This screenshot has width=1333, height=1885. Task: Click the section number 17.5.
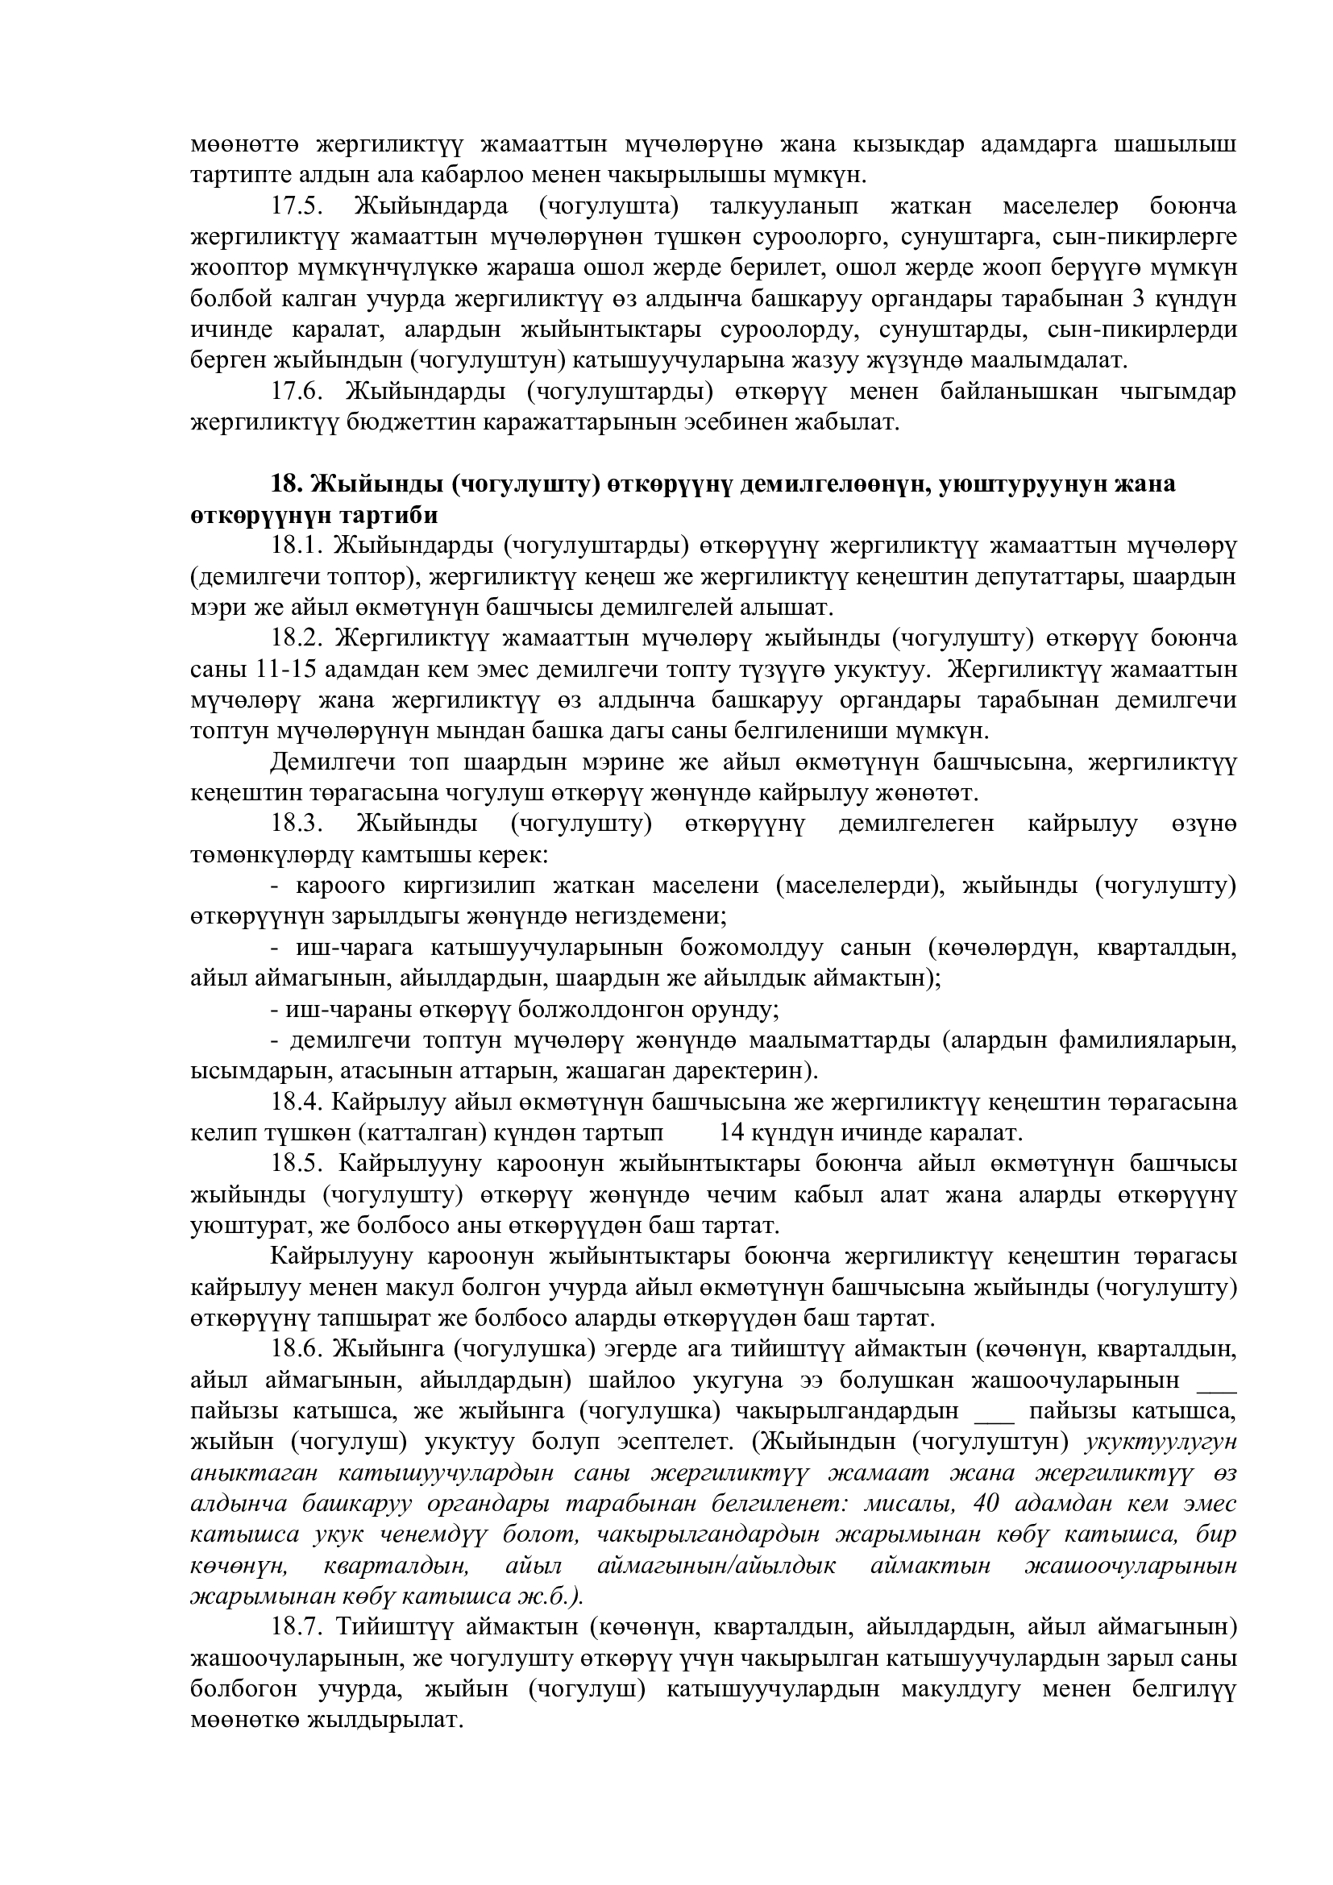298,206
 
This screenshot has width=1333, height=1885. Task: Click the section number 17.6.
298,392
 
